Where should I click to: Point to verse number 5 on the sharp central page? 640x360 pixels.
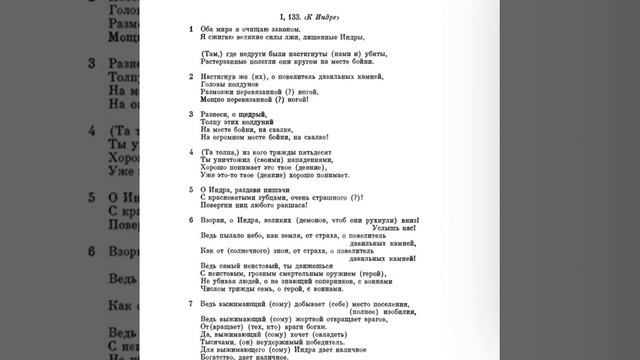[x=192, y=189]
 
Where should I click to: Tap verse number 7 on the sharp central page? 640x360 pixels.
[x=192, y=302]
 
